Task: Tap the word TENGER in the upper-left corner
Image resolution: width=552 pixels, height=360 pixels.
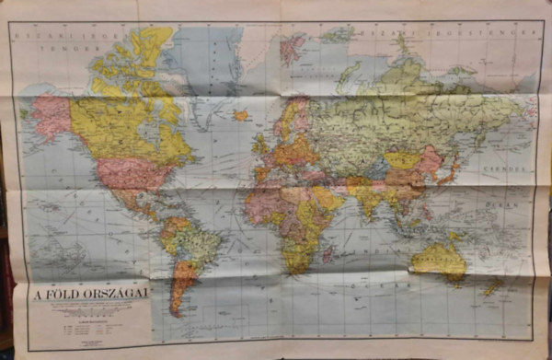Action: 78,42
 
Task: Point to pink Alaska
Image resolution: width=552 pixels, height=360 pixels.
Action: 52,116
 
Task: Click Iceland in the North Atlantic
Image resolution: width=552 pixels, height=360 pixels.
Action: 242,116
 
